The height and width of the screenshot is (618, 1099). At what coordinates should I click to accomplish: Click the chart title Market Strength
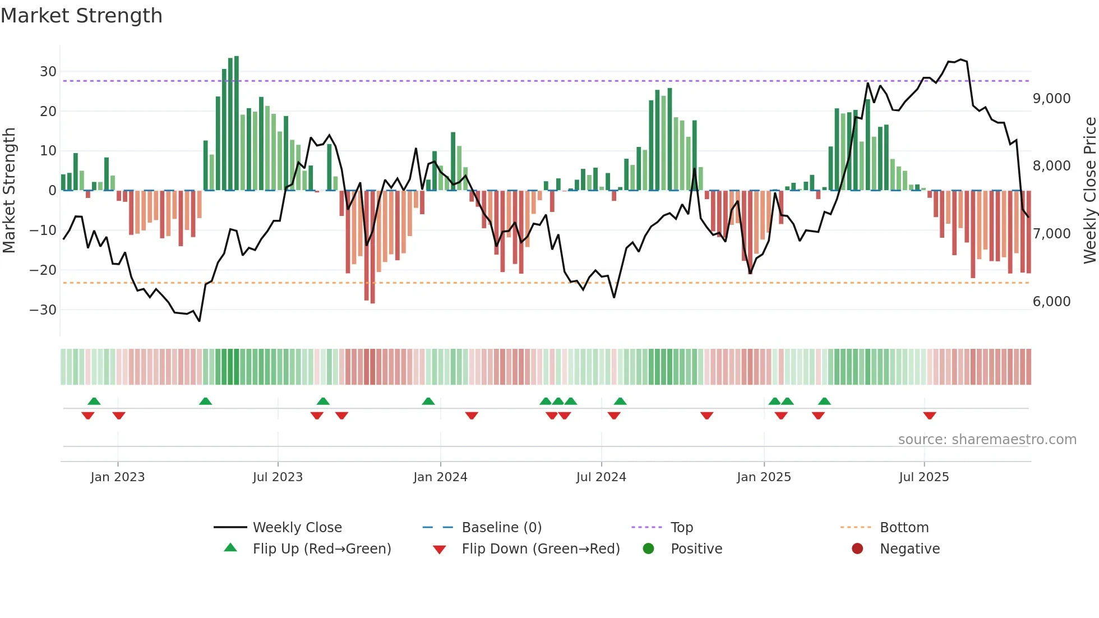click(81, 16)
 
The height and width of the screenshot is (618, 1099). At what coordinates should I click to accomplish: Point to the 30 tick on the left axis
click(48, 72)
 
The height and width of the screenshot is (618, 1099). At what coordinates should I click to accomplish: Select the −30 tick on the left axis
click(43, 310)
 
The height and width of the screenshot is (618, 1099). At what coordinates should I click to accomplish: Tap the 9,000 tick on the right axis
click(1051, 99)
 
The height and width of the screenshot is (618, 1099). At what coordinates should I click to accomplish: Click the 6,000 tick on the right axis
click(1051, 302)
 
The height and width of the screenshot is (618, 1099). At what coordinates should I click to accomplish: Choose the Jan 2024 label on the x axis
click(440, 477)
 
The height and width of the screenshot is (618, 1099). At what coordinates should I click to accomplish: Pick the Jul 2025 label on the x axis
click(923, 477)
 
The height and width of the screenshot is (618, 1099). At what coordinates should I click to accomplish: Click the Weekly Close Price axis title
click(1089, 191)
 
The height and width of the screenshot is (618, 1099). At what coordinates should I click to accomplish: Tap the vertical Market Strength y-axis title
click(9, 191)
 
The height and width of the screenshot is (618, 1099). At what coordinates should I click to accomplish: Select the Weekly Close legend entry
click(297, 528)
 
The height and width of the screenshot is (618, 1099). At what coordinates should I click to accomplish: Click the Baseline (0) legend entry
click(501, 528)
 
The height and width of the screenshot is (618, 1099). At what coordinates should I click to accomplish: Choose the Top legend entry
click(681, 528)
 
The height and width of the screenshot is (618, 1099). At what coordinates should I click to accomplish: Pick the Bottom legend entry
click(904, 528)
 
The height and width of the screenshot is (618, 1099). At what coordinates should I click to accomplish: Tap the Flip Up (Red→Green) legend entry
click(321, 549)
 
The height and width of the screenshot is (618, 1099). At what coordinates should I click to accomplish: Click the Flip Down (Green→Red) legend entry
click(541, 549)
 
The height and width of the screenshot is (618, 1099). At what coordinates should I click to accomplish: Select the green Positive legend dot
click(649, 549)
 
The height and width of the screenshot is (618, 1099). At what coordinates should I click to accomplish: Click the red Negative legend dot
click(857, 549)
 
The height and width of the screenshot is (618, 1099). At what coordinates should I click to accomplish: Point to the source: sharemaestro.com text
click(987, 440)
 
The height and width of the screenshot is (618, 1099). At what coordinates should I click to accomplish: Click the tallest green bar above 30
click(237, 123)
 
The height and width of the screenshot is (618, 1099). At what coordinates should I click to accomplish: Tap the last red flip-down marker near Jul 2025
click(930, 416)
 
